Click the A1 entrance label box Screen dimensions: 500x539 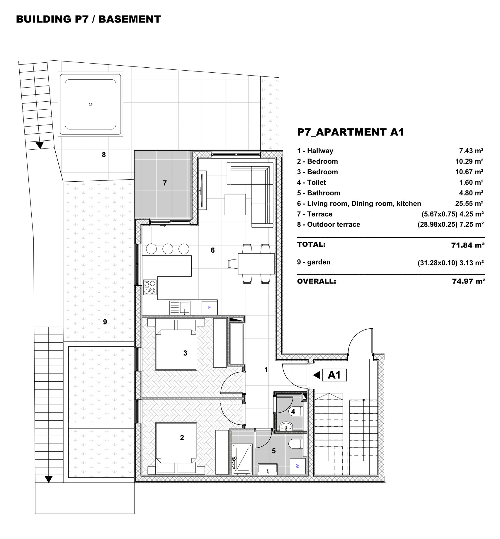(x=334, y=375)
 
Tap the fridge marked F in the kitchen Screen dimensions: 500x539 (x=210, y=308)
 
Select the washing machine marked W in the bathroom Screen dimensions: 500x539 (x=297, y=466)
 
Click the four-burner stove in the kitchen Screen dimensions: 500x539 (x=150, y=287)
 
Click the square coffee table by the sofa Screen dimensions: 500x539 (x=235, y=204)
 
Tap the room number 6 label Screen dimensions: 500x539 (x=213, y=250)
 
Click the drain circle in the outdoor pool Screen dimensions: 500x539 (x=91, y=104)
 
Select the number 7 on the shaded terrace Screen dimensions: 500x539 (x=165, y=183)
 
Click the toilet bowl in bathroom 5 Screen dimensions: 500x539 (x=295, y=444)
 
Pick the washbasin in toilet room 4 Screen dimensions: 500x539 (x=286, y=426)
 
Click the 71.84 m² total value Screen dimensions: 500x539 (x=468, y=245)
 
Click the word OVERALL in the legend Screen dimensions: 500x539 (x=317, y=282)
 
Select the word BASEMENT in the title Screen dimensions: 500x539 (x=130, y=19)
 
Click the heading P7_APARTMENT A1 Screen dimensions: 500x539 (x=351, y=132)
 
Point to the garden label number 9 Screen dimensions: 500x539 (x=105, y=322)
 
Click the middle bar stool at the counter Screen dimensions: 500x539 (x=168, y=249)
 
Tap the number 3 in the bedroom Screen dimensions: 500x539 (x=185, y=353)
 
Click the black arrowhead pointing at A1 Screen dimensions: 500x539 (x=317, y=375)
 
